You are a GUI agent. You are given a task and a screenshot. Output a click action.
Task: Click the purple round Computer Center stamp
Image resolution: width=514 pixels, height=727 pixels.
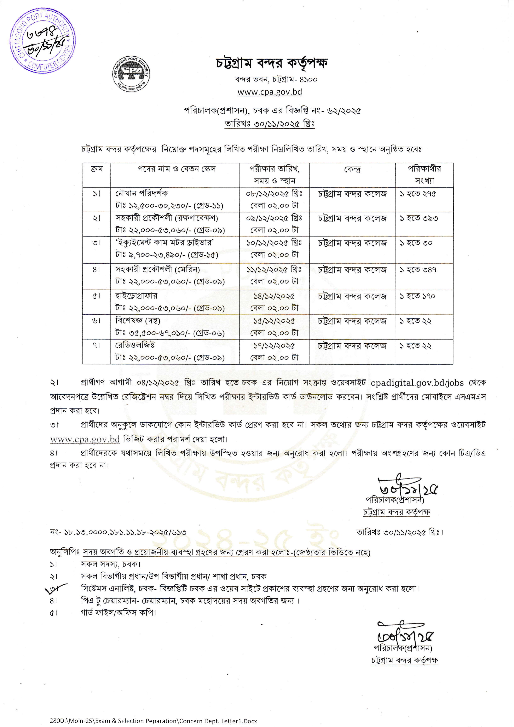42,41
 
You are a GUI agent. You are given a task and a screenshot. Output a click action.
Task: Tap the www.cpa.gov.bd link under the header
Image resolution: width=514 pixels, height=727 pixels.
270,92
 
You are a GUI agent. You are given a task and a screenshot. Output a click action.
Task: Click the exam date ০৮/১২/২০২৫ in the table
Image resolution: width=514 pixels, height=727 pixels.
274,194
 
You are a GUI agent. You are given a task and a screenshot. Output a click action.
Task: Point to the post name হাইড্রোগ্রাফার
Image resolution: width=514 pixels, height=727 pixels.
136,296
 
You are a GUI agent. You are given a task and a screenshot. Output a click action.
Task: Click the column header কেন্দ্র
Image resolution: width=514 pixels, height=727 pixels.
352,169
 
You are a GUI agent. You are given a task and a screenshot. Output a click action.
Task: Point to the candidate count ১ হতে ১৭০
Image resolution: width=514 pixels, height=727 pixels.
417,296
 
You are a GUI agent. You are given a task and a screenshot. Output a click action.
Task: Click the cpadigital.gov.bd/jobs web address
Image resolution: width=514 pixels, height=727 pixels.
417,383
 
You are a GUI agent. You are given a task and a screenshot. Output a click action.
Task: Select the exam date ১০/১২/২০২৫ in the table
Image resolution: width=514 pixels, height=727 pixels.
274,243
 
